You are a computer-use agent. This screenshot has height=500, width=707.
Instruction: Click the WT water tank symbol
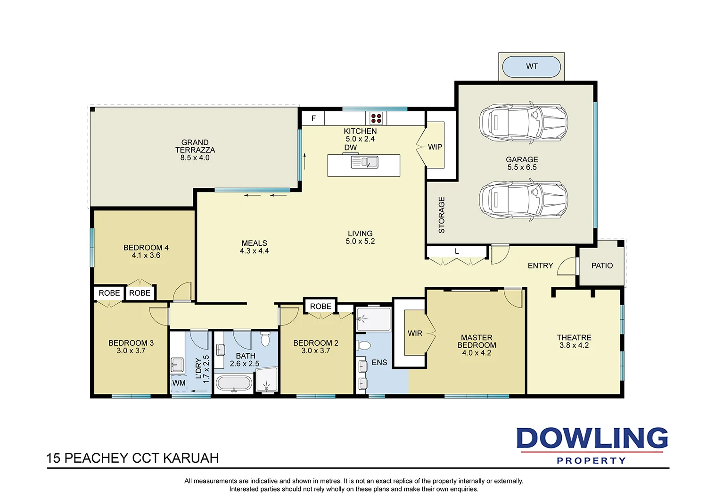531,67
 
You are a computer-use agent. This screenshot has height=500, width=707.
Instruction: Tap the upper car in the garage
523,122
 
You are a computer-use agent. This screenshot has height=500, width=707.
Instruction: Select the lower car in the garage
523,199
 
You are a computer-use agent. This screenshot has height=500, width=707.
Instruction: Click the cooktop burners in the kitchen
376,118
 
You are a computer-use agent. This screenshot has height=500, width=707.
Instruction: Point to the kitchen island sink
365,163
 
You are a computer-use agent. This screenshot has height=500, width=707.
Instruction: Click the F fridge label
313,118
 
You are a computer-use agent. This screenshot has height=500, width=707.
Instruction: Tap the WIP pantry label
435,147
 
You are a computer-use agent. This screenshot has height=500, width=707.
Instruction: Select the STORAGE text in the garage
442,215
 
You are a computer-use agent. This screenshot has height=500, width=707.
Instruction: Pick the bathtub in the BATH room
234,383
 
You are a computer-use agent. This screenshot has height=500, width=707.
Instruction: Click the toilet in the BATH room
265,339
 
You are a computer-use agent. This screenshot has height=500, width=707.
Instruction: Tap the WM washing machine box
179,383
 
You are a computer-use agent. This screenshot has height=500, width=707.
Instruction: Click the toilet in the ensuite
363,345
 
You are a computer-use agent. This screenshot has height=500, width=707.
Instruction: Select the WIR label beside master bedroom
415,333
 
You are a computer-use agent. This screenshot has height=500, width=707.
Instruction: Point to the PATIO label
602,266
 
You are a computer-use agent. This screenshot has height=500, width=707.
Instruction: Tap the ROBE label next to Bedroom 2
321,306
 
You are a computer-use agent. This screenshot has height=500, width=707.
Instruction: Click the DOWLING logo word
592,438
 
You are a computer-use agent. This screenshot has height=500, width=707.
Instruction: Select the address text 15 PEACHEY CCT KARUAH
132,458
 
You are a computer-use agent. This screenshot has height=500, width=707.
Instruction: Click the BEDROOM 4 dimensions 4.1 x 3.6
146,256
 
